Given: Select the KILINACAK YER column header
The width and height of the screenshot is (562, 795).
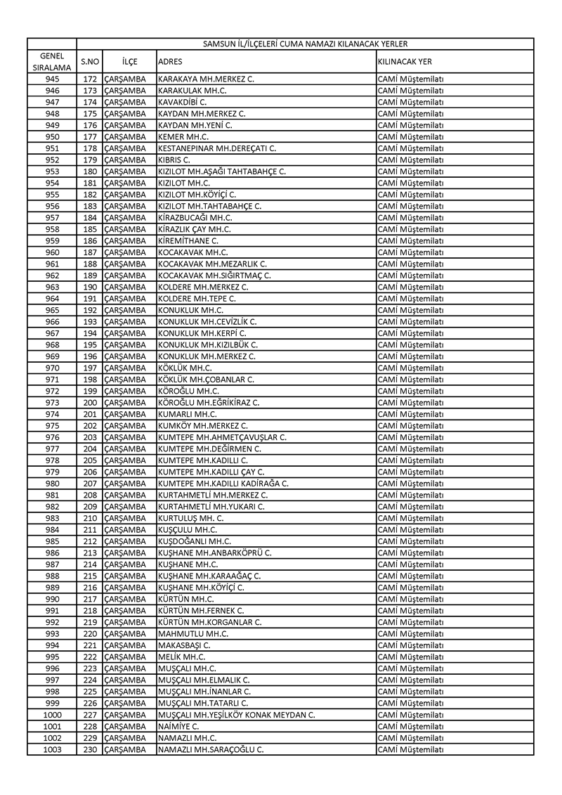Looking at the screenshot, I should tap(405, 61).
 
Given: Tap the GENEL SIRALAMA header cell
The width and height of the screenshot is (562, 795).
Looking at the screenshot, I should tap(52, 61).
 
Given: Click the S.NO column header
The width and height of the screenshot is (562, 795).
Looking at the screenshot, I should tap(89, 61).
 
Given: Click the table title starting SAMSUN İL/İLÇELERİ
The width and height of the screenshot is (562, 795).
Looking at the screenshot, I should tap(305, 44).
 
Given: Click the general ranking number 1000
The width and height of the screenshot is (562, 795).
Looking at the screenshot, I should tap(52, 715).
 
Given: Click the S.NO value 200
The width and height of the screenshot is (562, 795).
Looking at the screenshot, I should tap(89, 403).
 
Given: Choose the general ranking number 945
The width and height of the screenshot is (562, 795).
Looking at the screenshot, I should tap(52, 79).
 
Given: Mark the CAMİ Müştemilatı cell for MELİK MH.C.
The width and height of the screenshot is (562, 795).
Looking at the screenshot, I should tap(411, 657).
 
